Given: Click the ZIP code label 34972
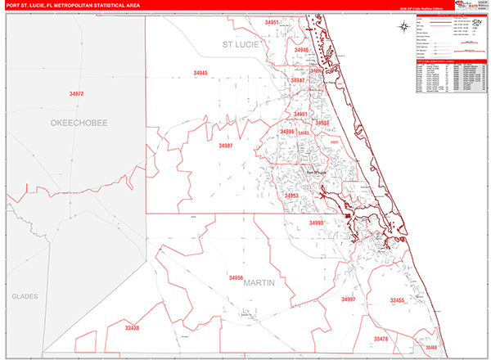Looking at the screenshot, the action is pyautogui.click(x=77, y=94).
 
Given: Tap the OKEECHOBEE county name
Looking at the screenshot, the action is pyautogui.click(x=79, y=122).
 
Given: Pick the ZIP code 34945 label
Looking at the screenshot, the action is pyautogui.click(x=200, y=74).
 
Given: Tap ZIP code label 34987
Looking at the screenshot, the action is pyautogui.click(x=226, y=146).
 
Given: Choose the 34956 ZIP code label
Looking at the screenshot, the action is pyautogui.click(x=236, y=278).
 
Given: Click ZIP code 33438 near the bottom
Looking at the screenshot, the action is pyautogui.click(x=133, y=328).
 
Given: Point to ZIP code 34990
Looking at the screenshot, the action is pyautogui.click(x=317, y=223).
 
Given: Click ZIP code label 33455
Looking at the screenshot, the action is pyautogui.click(x=398, y=300).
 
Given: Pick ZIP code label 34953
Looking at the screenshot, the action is pyautogui.click(x=292, y=196).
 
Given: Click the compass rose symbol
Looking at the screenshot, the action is pyautogui.click(x=407, y=25).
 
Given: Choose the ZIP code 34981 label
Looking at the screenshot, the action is pyautogui.click(x=300, y=114).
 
